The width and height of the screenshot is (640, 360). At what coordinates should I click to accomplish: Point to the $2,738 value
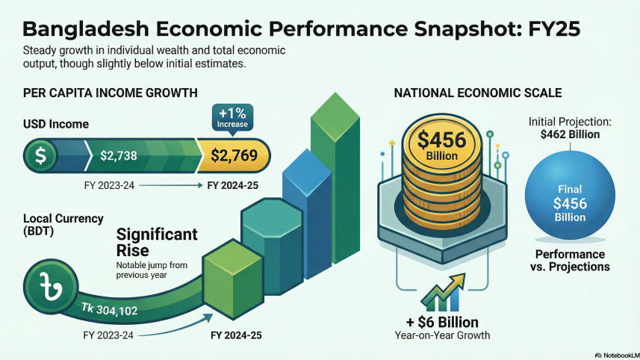[118, 156]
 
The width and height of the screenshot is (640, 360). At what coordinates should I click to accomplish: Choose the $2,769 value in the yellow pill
[234, 156]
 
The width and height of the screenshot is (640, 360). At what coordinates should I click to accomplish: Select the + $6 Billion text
[443, 322]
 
